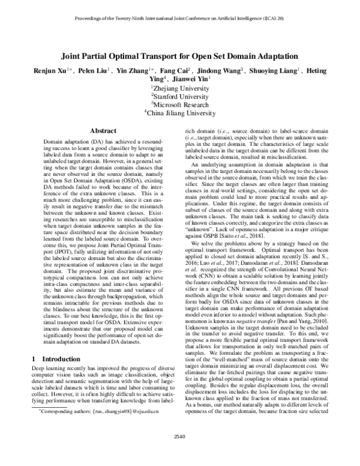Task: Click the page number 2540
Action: tap(180, 452)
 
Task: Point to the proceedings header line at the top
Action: tap(180, 19)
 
